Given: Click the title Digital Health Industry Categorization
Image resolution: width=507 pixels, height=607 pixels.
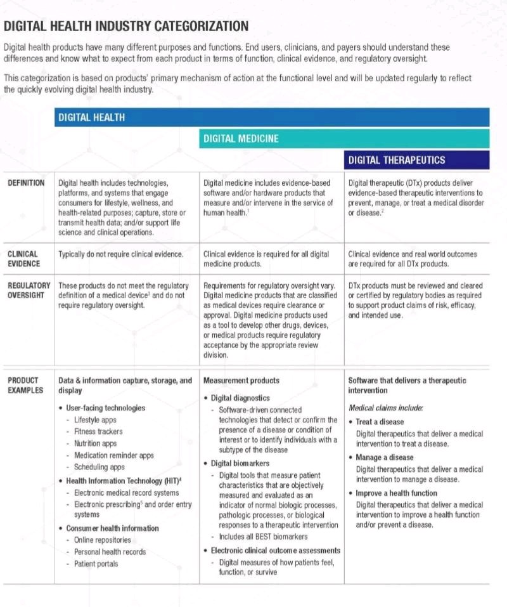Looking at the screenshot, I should click(126, 26).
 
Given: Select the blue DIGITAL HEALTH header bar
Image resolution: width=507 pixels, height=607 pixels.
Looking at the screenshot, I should click(273, 117).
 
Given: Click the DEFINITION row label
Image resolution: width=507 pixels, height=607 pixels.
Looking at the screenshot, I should click(26, 183).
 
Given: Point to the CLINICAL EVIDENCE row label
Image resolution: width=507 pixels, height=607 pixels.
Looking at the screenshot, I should click(23, 259).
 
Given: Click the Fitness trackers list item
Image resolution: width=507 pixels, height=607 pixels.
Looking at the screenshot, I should click(98, 432).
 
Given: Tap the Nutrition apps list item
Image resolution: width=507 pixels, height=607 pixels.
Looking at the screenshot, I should click(96, 444).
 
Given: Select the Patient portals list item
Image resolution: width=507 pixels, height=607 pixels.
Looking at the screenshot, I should click(96, 564).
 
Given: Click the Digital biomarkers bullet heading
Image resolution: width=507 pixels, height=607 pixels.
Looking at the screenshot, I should click(240, 463).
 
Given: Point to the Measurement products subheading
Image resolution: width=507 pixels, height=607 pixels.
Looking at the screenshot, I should click(241, 381).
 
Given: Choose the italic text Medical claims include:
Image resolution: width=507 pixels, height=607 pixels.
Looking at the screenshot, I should click(386, 408).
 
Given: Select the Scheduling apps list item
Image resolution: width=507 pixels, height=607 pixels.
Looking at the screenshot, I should click(99, 467).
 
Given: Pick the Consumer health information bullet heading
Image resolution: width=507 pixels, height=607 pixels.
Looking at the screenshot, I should click(112, 528).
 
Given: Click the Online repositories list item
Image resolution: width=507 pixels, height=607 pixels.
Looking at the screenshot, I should click(103, 540).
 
